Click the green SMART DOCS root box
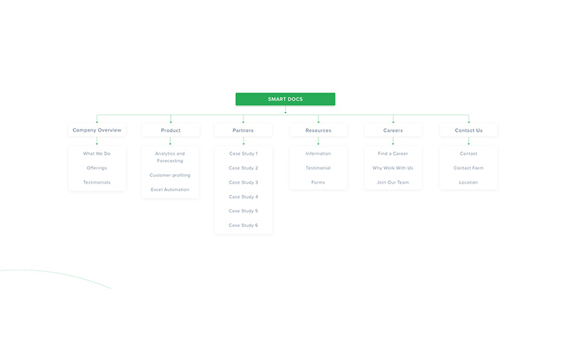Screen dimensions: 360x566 [285, 99]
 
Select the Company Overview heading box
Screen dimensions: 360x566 [97, 130]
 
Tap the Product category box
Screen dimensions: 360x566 [171, 130]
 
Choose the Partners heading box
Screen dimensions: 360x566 [243, 130]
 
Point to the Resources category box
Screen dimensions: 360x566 [318, 130]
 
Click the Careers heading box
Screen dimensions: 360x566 [393, 130]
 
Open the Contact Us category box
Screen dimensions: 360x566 [469, 130]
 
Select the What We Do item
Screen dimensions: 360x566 [97, 154]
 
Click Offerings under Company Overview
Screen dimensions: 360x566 [97, 168]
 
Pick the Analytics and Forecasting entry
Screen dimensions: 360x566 [170, 157]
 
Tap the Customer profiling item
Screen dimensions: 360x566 [170, 176]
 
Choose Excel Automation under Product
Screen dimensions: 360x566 [170, 190]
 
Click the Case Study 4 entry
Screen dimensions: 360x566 [244, 197]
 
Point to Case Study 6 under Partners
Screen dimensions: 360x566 [244, 226]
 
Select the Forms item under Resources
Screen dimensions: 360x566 [318, 182]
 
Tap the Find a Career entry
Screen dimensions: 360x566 [393, 154]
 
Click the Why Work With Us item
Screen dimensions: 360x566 [393, 168]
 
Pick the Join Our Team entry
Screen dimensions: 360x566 [393, 182]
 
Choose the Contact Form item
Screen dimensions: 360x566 [469, 168]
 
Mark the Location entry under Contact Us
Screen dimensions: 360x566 [469, 182]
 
